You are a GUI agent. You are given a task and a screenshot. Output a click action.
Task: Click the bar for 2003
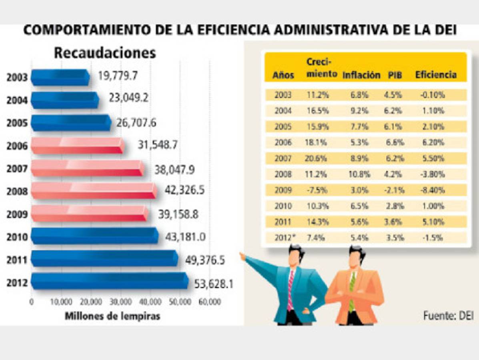[60, 77]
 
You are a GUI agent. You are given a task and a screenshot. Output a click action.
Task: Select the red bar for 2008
[94, 191]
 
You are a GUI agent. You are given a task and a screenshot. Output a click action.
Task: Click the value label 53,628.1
[214, 284]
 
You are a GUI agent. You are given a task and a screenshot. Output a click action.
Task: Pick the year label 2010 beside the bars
[17, 237]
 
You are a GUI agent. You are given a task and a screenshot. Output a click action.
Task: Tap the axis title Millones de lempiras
[112, 316]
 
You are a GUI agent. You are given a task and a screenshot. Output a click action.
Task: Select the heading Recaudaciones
[105, 53]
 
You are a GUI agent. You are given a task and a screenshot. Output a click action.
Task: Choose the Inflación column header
[361, 75]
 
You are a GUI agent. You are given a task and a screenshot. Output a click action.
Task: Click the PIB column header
[395, 75]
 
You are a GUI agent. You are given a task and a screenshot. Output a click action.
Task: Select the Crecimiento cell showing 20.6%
[318, 158]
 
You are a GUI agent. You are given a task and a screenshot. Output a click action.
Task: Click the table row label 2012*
[285, 237]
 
